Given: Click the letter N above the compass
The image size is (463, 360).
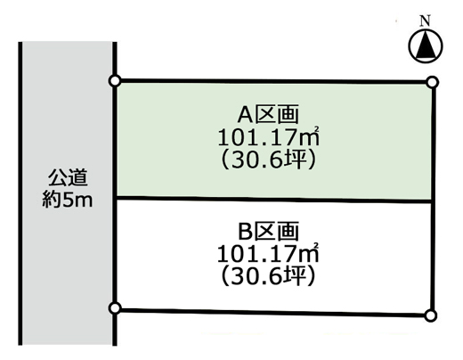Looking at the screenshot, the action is pyautogui.click(x=425, y=21).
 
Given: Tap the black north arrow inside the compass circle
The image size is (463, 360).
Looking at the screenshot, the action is pyautogui.click(x=426, y=45).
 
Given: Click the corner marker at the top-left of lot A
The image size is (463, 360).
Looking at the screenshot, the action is pyautogui.click(x=115, y=81).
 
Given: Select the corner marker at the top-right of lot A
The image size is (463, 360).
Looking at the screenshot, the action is pyautogui.click(x=432, y=82).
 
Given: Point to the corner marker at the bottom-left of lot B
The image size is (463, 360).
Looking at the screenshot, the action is pyautogui.click(x=115, y=308).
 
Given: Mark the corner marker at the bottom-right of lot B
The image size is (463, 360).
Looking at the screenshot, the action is pyautogui.click(x=430, y=315).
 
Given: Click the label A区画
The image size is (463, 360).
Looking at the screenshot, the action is pyautogui.click(x=268, y=115).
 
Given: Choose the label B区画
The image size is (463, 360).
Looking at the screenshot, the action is pyautogui.click(x=269, y=232).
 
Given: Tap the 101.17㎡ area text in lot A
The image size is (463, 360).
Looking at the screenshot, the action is pyautogui.click(x=269, y=137).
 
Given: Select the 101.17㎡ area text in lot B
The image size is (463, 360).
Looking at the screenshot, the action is pyautogui.click(x=268, y=253).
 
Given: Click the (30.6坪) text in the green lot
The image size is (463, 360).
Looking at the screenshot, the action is pyautogui.click(x=268, y=160).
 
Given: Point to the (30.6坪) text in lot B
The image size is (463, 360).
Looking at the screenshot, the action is pyautogui.click(x=268, y=276).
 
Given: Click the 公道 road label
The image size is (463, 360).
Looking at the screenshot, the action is pyautogui.click(x=68, y=177).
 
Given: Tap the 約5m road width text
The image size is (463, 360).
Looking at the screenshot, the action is pyautogui.click(x=68, y=200).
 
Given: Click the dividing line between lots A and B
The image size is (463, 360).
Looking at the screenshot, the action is pyautogui.click(x=274, y=199).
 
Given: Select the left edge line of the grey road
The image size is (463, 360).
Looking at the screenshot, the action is pyautogui.click(x=20, y=193).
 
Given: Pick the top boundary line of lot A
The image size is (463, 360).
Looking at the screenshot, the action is pyautogui.click(x=273, y=81).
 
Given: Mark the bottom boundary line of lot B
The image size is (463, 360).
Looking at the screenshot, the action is pyautogui.click(x=272, y=312).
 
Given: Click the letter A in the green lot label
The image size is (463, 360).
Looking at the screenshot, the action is pyautogui.click(x=245, y=115).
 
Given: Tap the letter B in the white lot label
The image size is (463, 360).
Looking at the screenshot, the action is pyautogui.click(x=245, y=232).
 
